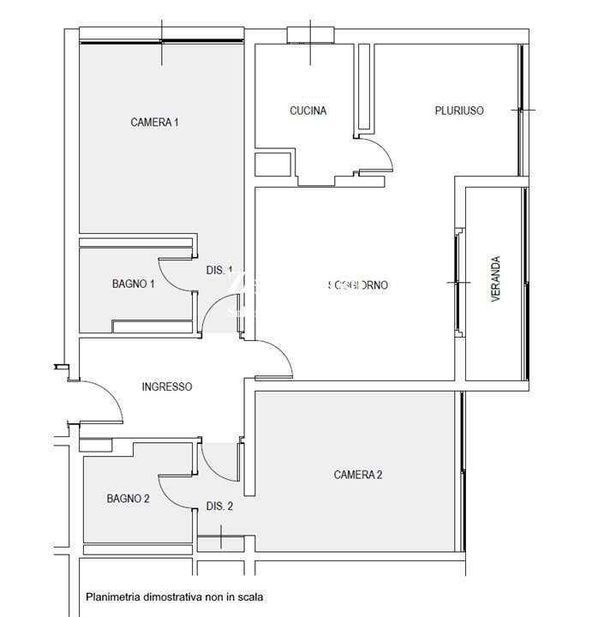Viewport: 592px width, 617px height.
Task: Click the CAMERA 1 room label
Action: [154, 123]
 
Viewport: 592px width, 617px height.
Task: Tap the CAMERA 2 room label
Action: [357, 475]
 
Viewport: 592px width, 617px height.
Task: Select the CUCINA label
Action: [308, 111]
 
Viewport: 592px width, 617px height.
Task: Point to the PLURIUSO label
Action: [459, 111]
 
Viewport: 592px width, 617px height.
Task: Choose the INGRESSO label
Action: [166, 386]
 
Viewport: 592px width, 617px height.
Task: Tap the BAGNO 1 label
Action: [133, 284]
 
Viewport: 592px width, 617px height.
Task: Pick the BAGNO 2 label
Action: [129, 498]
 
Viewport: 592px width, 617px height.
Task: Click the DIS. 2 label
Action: [220, 506]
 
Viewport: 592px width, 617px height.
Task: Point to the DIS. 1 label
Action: [219, 270]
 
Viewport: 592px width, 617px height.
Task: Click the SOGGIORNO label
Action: [357, 285]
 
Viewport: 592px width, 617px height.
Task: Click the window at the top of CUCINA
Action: [310, 34]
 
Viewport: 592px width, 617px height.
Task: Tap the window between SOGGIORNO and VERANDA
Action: [457, 281]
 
